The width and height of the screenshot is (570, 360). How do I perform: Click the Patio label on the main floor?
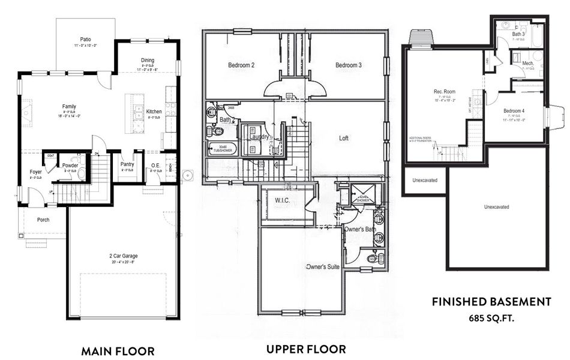tap(85, 38)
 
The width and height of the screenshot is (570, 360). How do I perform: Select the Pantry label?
tap(127, 164)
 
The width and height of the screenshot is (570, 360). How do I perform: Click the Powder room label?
tap(70, 165)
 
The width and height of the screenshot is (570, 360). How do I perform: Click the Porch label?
tap(43, 220)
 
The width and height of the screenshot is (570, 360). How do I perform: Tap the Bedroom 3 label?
tap(348, 65)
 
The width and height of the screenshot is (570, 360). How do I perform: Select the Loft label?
tap(344, 138)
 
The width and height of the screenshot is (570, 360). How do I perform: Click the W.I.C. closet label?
tap(282, 200)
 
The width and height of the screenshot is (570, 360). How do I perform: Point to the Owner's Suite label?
tap(323, 266)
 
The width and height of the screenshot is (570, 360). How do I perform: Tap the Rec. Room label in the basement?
tap(442, 92)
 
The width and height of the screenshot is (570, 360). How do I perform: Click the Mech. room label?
tap(528, 63)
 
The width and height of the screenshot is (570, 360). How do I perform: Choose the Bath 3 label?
tap(518, 34)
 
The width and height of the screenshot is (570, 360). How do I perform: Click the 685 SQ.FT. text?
tap(491, 319)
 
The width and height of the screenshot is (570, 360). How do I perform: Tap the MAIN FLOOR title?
tap(118, 351)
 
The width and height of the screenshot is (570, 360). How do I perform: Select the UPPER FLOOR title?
tap(307, 349)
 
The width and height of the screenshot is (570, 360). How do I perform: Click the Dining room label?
tap(148, 60)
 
